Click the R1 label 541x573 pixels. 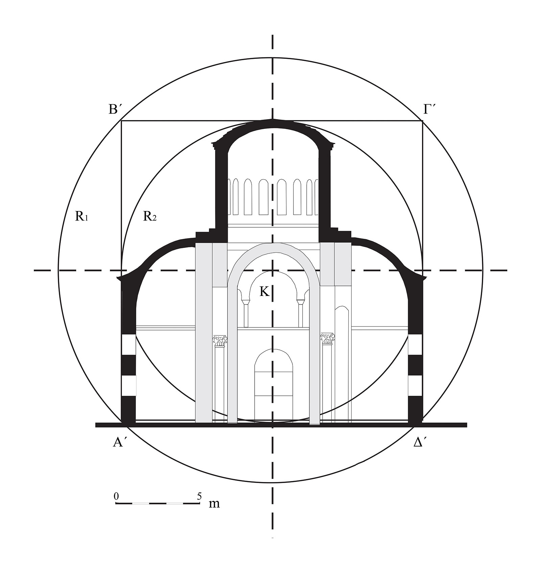pos(81,216)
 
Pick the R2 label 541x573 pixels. pos(150,216)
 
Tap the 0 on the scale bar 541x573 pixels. pos(116,496)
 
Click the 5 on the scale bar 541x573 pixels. pos(199,496)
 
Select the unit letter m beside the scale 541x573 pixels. pos(214,504)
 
